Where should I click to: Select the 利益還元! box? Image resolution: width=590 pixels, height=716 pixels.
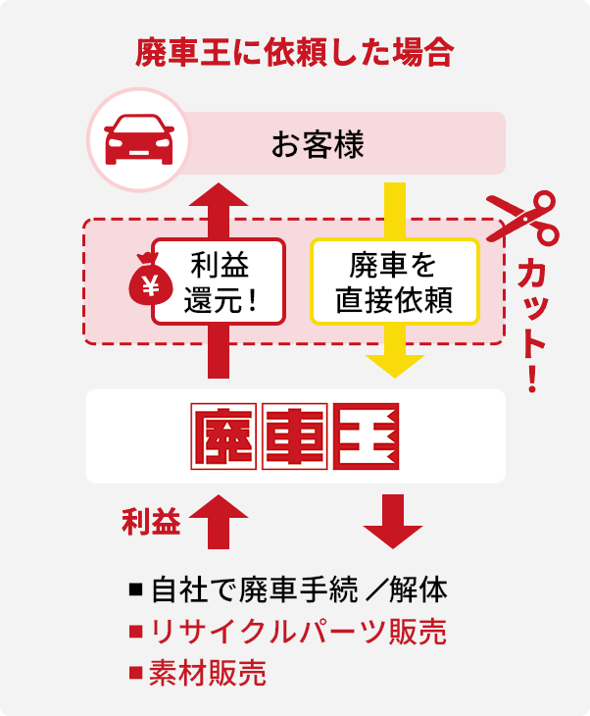pyautogui.click(x=218, y=281)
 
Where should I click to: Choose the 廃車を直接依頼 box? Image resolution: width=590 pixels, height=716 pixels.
pyautogui.click(x=394, y=281)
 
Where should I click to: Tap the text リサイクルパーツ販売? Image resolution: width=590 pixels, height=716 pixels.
pyautogui.click(x=298, y=632)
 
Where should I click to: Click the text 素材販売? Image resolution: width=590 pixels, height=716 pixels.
pyautogui.click(x=208, y=673)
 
